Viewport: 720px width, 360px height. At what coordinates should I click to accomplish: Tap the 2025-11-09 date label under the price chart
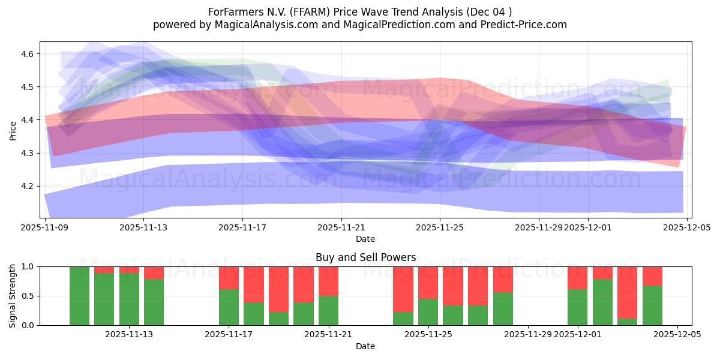pyautogui.click(x=45, y=227)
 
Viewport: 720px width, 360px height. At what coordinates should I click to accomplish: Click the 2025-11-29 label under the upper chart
pyautogui.click(x=539, y=227)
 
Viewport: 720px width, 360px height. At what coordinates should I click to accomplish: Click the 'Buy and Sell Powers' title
pyautogui.click(x=365, y=257)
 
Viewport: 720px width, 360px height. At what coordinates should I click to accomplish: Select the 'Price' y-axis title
pyautogui.click(x=13, y=130)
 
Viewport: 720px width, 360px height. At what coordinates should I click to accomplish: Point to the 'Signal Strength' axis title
pyautogui.click(x=13, y=296)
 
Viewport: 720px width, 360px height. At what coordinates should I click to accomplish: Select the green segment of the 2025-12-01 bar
pyautogui.click(x=578, y=307)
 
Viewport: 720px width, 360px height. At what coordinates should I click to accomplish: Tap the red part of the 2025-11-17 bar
pyautogui.click(x=229, y=278)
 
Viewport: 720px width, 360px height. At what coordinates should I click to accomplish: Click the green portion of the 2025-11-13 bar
pyautogui.click(x=129, y=299)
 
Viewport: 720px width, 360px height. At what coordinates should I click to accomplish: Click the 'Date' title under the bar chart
pyautogui.click(x=365, y=346)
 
